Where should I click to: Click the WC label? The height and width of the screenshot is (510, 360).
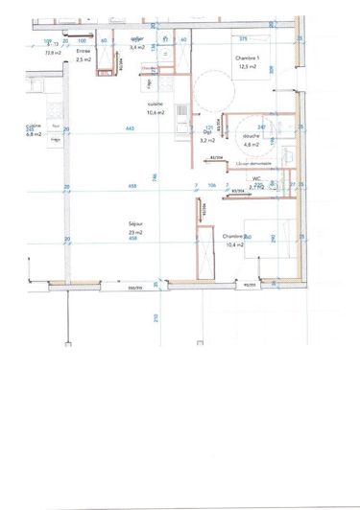pos(257,178)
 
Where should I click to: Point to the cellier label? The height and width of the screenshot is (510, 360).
pos(136,39)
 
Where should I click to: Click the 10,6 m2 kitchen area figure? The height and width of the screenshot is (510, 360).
pos(156,112)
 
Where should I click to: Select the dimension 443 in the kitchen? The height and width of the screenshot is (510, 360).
pos(129,127)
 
